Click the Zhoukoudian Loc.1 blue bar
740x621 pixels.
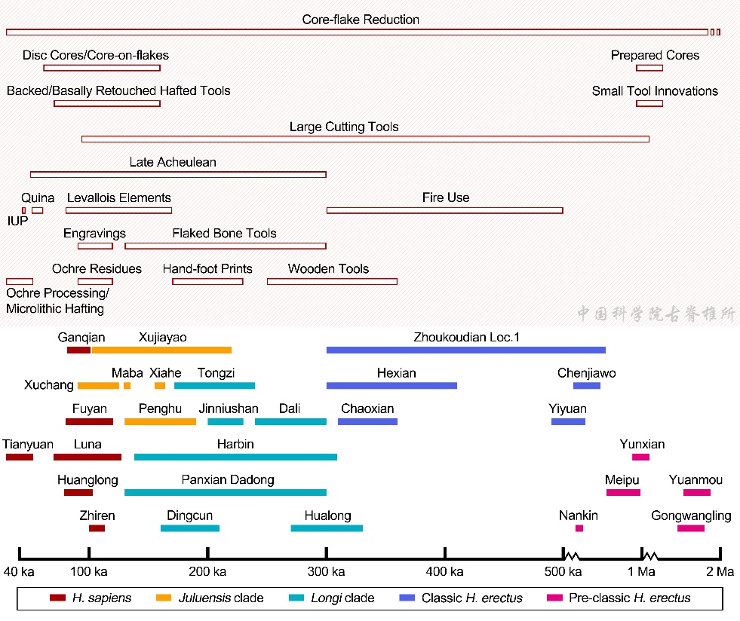coord(465,350)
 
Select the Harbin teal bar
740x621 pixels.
coord(235,457)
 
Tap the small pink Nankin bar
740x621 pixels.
coord(579,528)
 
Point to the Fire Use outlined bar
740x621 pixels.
coord(444,210)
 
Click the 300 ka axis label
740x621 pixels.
coord(327,572)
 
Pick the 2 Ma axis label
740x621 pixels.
coord(720,572)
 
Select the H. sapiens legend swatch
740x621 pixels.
coord(57,598)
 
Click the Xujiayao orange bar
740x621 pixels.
coord(161,350)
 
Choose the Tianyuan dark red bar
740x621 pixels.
coord(19,457)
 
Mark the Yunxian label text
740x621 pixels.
coord(642,445)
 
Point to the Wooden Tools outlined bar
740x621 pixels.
coord(332,282)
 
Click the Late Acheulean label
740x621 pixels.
coord(173,162)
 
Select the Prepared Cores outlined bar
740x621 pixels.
coord(649,68)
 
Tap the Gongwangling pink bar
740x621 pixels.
coord(690,528)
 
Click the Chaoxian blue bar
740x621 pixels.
coord(367,421)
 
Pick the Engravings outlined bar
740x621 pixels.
coord(95,246)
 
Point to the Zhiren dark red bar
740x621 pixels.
coord(97,528)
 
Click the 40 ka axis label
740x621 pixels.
coord(19,572)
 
